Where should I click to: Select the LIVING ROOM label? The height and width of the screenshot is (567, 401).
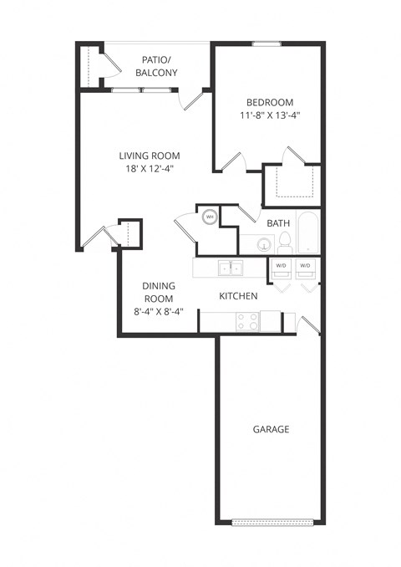point(150,156)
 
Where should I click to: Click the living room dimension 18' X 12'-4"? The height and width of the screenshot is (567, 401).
point(150,169)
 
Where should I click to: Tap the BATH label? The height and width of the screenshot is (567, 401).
point(278,223)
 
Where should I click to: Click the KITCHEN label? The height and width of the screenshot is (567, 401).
point(237,296)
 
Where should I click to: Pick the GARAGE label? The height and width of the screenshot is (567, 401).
point(271,429)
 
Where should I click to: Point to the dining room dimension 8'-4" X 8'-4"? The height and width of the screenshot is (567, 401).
point(157,312)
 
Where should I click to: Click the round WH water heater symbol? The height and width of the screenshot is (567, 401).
point(210,217)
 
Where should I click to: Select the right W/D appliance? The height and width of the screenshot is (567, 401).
point(305,267)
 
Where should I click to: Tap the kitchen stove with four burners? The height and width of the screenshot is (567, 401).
point(247,319)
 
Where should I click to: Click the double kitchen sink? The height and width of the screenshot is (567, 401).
point(231,268)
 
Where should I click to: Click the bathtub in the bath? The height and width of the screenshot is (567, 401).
point(308,233)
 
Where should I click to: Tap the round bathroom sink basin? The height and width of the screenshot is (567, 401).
point(264,246)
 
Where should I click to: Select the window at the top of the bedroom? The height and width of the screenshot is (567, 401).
point(266,43)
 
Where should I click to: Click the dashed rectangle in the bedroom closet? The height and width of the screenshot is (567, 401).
point(292,181)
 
